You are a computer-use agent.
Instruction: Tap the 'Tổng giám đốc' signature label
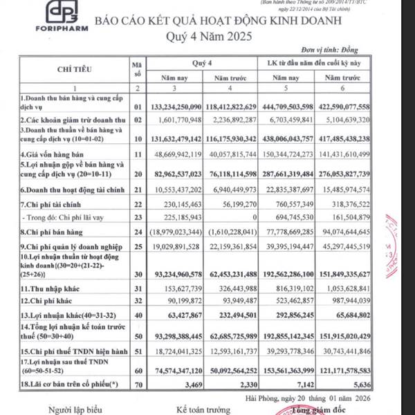[324, 409]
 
